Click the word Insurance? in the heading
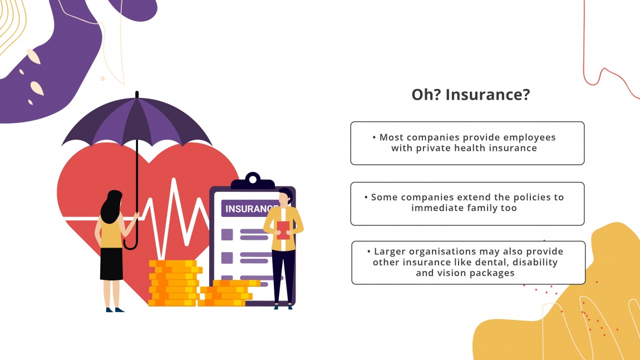(488, 95)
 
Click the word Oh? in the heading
(426, 95)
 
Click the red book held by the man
(283, 230)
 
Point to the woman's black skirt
(111, 264)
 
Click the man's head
(285, 196)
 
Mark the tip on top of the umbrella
(137, 95)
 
